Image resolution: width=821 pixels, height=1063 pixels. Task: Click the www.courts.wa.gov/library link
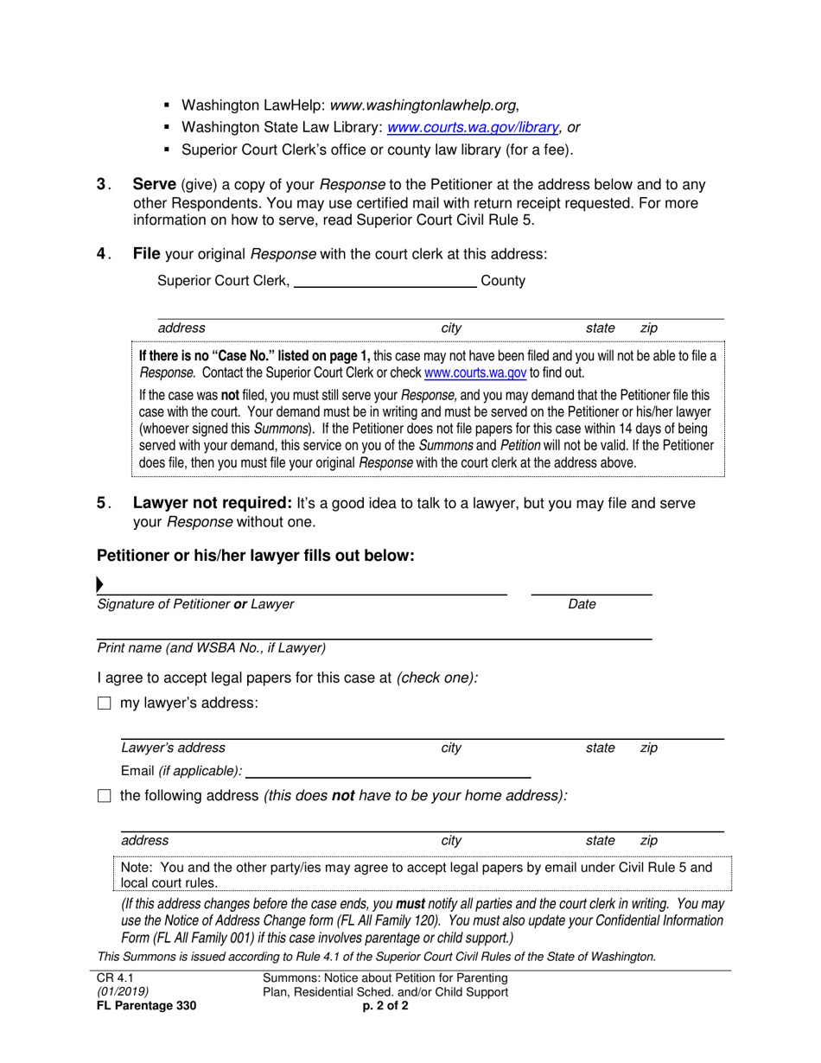tap(473, 127)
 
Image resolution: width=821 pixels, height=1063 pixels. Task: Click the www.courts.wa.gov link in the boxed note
tap(474, 373)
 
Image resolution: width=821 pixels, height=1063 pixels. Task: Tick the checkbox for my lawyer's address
tap(105, 703)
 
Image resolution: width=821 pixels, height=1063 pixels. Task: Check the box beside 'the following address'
tap(105, 796)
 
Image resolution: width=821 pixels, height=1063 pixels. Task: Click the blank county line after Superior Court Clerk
tap(385, 282)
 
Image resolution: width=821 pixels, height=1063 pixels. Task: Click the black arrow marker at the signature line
tap(100, 585)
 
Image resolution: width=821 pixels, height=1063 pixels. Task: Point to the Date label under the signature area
tap(582, 605)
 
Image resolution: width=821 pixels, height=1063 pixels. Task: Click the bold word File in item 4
tap(146, 254)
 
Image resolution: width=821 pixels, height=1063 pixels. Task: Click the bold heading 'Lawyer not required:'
tap(212, 503)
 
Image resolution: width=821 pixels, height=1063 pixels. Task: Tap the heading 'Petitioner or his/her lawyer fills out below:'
tap(256, 556)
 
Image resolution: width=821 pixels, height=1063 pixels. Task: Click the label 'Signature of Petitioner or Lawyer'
tap(195, 605)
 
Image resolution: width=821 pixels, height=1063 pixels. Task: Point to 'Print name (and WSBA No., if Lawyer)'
tap(212, 647)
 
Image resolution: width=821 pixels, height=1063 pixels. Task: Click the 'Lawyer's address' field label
tap(173, 748)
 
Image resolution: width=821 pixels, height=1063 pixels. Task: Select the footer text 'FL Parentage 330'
tap(146, 1005)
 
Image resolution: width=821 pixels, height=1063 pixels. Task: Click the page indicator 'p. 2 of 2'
tap(385, 1005)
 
